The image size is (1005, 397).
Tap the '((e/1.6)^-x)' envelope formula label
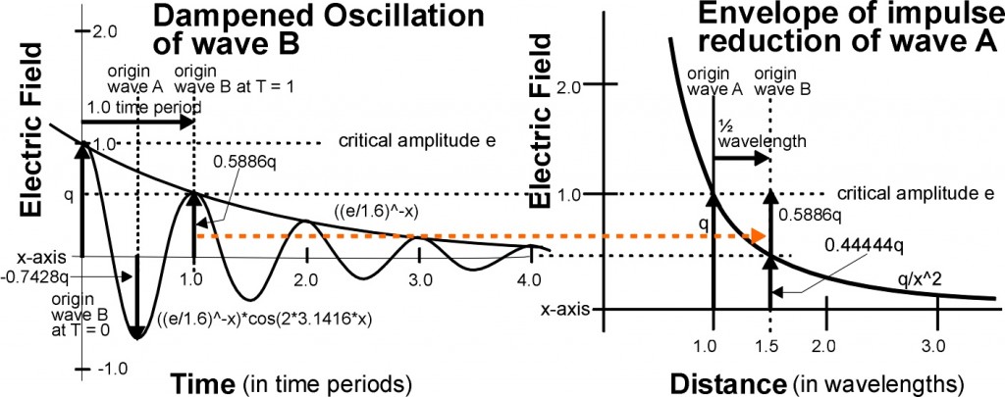369,210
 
